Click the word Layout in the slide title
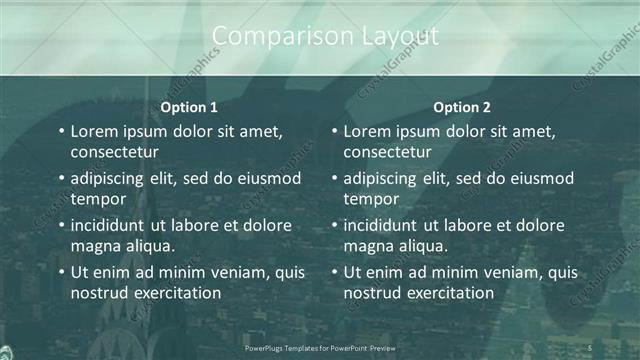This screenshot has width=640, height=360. pyautogui.click(x=396, y=37)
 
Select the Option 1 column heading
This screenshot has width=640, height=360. pyautogui.click(x=189, y=107)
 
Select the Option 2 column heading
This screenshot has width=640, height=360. pyautogui.click(x=462, y=107)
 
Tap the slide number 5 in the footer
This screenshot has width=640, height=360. pyautogui.click(x=591, y=347)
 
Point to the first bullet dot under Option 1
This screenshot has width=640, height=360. pyautogui.click(x=62, y=132)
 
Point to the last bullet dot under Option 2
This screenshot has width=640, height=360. pyautogui.click(x=335, y=272)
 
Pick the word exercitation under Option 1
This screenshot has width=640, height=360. pyautogui.click(x=173, y=293)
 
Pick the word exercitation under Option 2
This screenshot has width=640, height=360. pyautogui.click(x=446, y=293)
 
